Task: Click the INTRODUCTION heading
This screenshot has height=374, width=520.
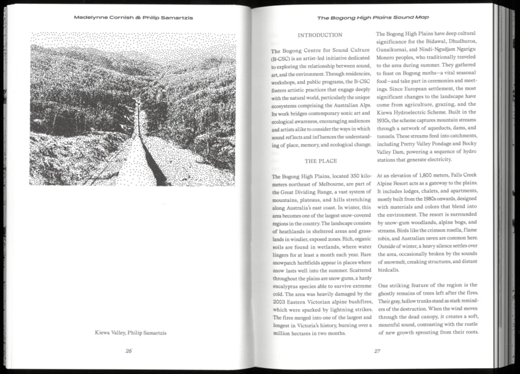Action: pyautogui.click(x=319, y=34)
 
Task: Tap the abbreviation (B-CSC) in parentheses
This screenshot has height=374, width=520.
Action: pyautogui.click(x=281, y=58)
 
